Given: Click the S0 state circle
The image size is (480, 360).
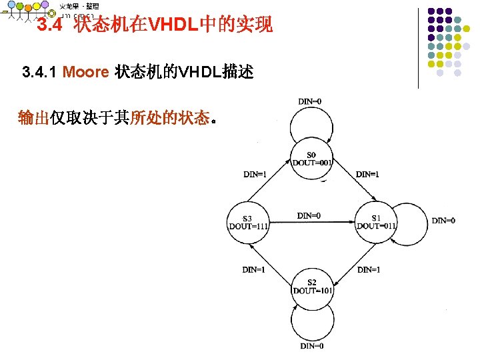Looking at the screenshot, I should pyautogui.click(x=313, y=159).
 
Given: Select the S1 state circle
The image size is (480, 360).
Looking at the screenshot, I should pyautogui.click(x=377, y=221).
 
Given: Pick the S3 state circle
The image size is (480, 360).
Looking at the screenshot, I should pyautogui.click(x=247, y=221).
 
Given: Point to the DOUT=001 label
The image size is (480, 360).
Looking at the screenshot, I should pyautogui.click(x=313, y=163).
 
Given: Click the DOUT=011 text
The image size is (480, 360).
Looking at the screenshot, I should pyautogui.click(x=377, y=225).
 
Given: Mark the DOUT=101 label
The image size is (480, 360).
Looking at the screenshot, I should pyautogui.click(x=313, y=291).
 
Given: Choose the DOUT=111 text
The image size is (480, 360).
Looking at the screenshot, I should pyautogui.click(x=247, y=226).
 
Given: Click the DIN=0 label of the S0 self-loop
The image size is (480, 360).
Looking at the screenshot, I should pyautogui.click(x=311, y=101).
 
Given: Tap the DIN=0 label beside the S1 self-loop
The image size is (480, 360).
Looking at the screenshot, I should pyautogui.click(x=444, y=221).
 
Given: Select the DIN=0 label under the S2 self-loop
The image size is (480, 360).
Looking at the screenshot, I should pyautogui.click(x=312, y=346).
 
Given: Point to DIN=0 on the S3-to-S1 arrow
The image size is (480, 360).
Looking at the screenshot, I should pyautogui.click(x=309, y=215).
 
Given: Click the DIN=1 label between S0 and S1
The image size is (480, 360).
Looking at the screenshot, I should pyautogui.click(x=368, y=175).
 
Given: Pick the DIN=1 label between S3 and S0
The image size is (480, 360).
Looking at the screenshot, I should pyautogui.click(x=255, y=175).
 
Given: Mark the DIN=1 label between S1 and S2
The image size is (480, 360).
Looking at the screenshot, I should pyautogui.click(x=369, y=270).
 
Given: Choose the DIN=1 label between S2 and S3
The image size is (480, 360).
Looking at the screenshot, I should pyautogui.click(x=254, y=270).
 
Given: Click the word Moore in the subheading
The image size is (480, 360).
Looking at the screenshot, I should pyautogui.click(x=85, y=72).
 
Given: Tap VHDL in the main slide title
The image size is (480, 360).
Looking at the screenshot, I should pyautogui.click(x=171, y=26).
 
